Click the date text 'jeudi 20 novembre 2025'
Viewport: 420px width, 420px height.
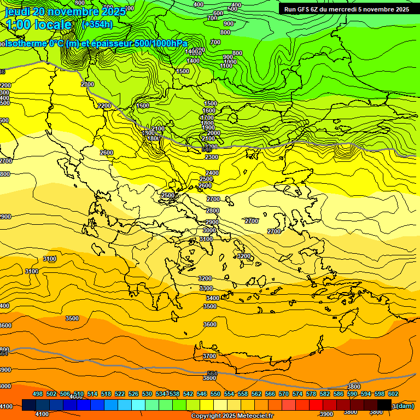(60, 11)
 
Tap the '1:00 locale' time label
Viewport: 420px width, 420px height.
(39, 25)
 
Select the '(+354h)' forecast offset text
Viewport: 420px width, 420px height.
(97, 25)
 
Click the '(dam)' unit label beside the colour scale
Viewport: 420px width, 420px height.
(404, 405)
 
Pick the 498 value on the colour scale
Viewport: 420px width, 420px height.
(38, 394)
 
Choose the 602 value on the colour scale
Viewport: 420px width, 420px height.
(393, 394)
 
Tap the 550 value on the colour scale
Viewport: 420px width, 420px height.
(215, 394)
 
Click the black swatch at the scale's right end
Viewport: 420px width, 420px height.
(384, 405)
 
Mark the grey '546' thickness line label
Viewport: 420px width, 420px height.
(207, 149)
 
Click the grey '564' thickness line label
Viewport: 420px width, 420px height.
(212, 374)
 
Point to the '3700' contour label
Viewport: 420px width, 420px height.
(209, 356)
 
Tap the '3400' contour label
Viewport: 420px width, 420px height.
(212, 298)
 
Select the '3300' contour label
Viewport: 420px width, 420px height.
(206, 288)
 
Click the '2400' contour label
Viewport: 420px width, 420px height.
(212, 173)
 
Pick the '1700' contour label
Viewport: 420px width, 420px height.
(207, 118)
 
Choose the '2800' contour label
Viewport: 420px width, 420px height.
(213, 211)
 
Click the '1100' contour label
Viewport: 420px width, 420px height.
(226, 66)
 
